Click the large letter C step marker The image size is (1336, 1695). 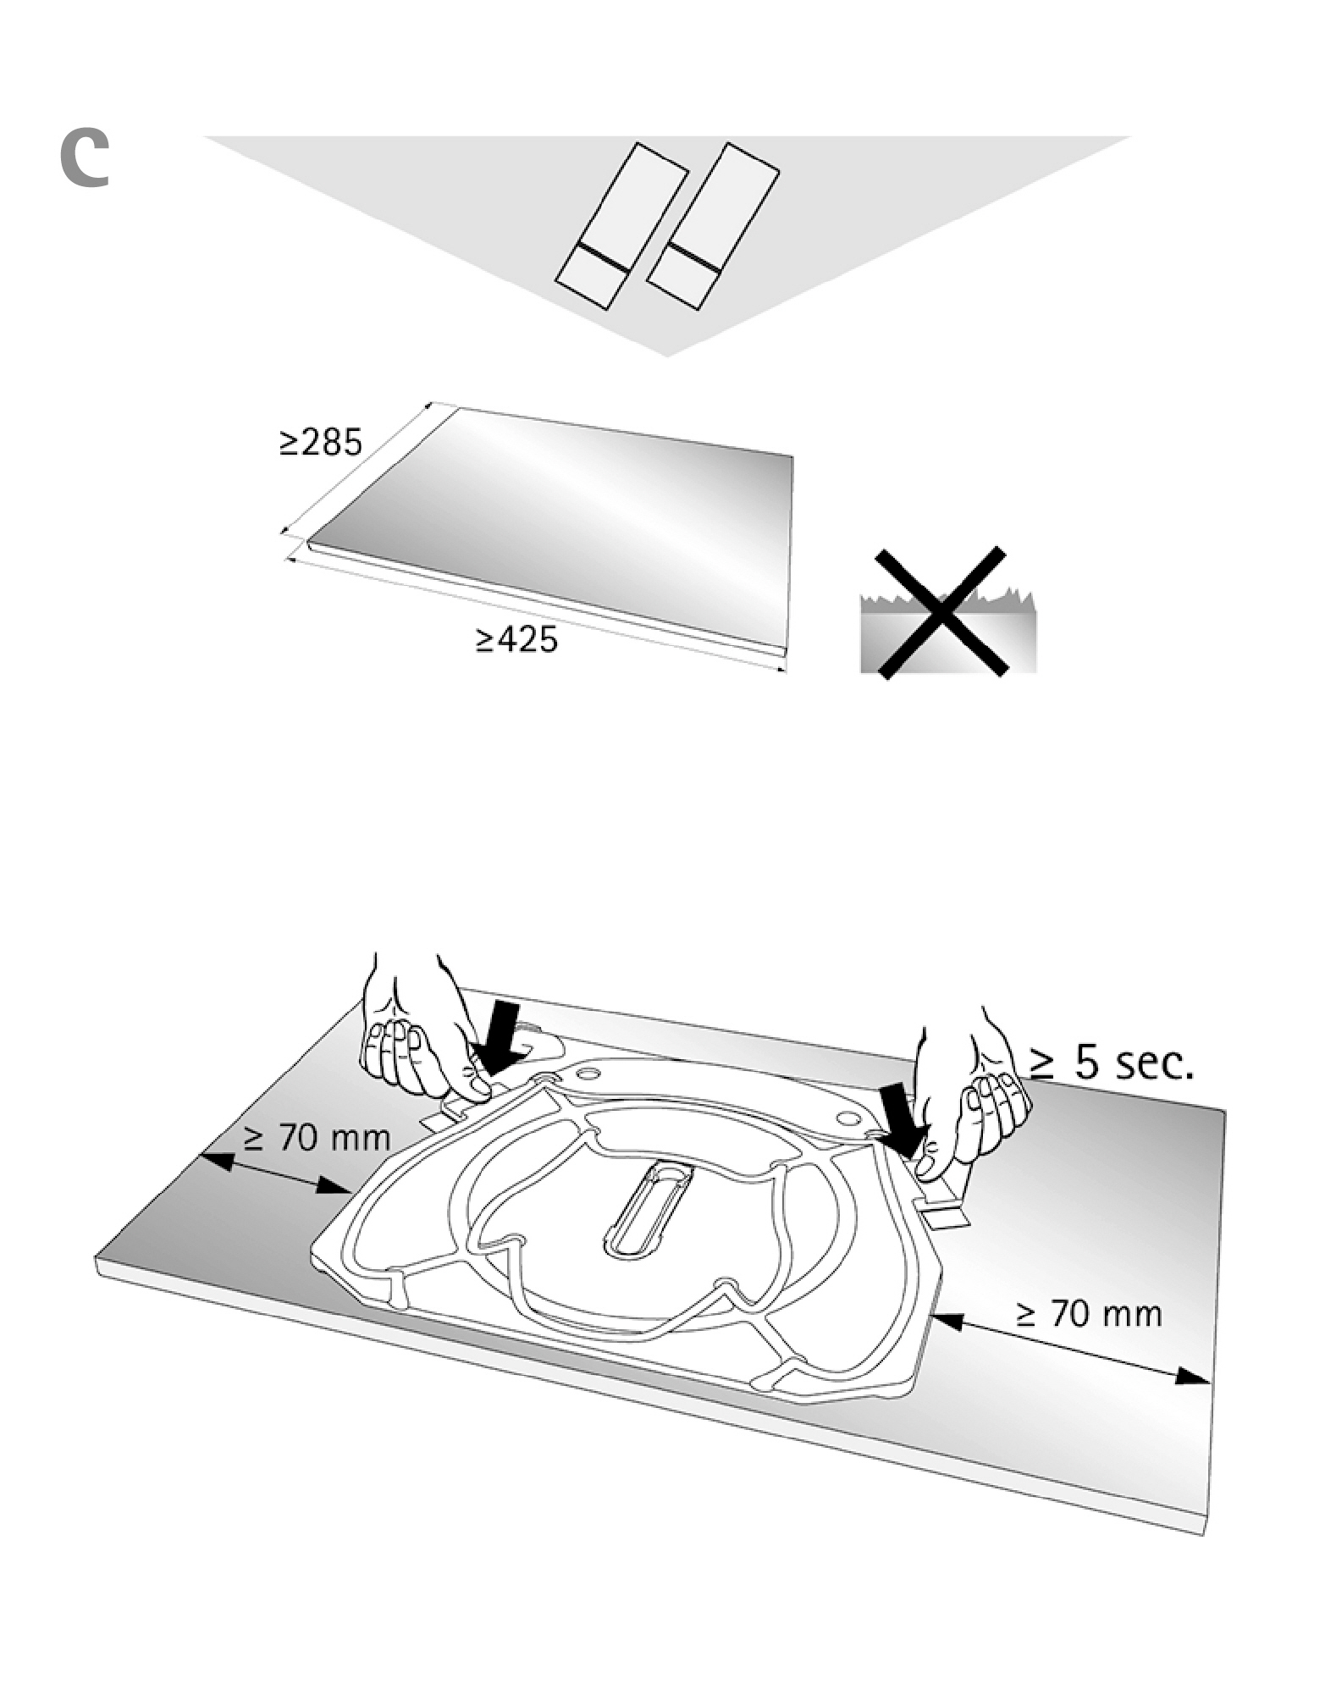coord(85,159)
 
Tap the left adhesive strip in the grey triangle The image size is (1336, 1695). coord(621,227)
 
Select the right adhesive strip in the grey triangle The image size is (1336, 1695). coord(713,227)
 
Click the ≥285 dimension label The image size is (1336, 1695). coord(321,442)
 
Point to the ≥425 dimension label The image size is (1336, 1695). coord(516,640)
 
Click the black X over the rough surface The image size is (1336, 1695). coord(941,613)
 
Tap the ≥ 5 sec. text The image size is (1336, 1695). coord(1111,1062)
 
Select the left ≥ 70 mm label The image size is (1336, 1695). coord(317,1138)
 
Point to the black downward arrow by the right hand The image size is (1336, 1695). coord(899,1119)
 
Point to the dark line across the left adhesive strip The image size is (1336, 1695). coord(602,257)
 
